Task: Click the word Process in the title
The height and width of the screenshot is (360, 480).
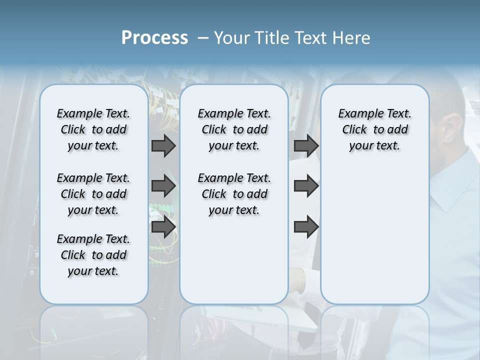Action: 154,37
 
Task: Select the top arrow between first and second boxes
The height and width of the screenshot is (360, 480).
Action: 163,146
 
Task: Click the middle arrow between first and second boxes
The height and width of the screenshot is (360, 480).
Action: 163,186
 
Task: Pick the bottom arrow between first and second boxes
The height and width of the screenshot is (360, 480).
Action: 163,227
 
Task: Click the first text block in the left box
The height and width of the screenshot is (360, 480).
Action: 93,129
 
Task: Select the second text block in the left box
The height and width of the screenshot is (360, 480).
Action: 93,194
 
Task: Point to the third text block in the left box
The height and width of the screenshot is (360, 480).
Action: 93,255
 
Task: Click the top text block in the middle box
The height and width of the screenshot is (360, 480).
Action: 234,129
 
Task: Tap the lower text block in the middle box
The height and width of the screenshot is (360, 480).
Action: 234,194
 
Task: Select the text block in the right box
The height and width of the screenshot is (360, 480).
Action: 374,129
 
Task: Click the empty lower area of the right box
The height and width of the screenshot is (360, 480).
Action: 374,235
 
